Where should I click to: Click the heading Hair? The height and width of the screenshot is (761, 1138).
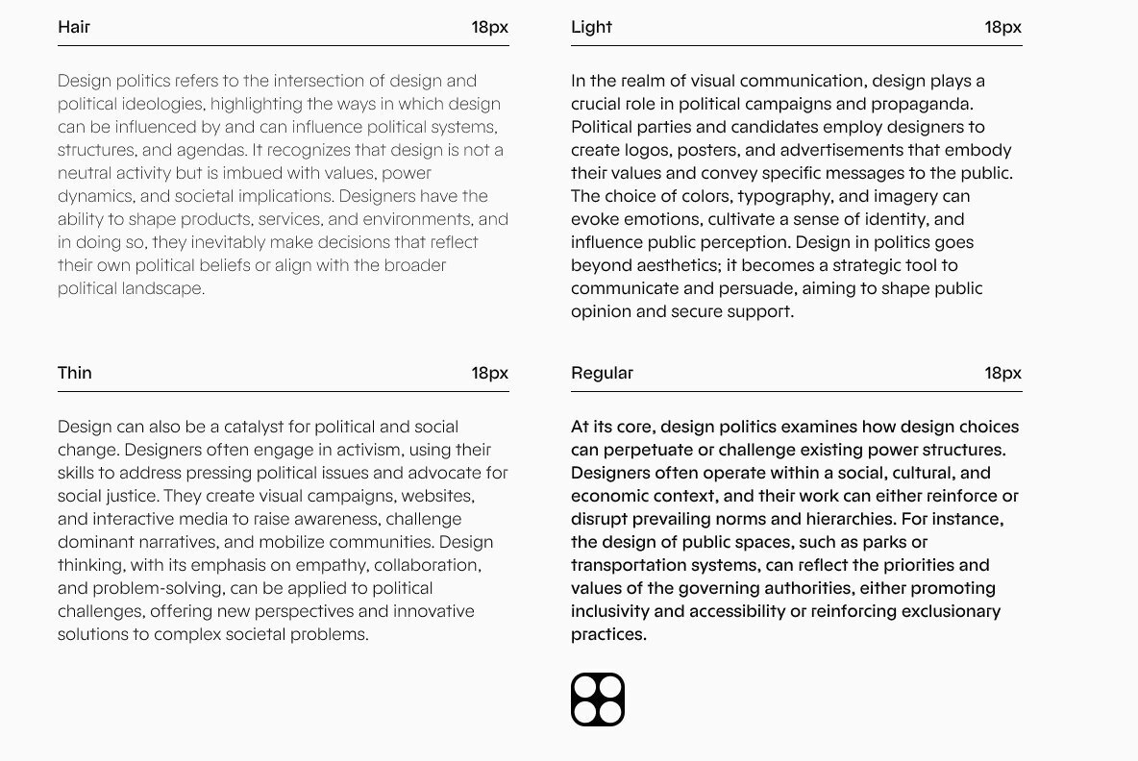click(x=74, y=27)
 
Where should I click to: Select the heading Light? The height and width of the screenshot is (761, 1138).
click(x=591, y=27)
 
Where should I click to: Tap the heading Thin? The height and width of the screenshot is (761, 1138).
click(x=75, y=373)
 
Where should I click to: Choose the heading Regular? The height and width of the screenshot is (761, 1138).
click(x=602, y=373)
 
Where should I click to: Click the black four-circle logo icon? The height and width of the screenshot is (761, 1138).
click(x=598, y=700)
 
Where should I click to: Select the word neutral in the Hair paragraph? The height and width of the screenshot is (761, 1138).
click(x=85, y=173)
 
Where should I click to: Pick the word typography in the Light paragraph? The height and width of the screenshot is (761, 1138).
click(x=781, y=196)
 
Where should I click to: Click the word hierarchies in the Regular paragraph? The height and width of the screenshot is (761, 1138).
click(x=872, y=519)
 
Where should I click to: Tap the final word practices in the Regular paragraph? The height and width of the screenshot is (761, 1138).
click(x=608, y=634)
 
